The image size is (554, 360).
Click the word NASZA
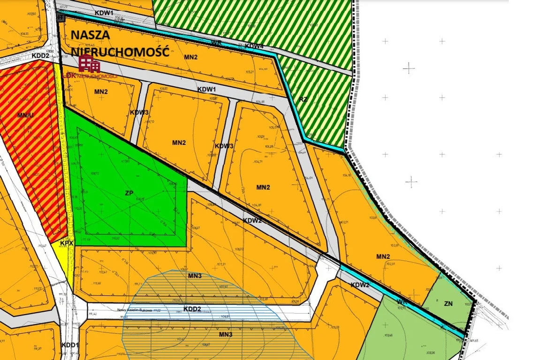point(91,35)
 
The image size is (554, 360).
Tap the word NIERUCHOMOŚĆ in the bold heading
point(120,51)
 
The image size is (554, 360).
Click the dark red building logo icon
point(89,64)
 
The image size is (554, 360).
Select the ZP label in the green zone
point(129,193)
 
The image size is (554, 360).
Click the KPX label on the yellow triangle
point(67,243)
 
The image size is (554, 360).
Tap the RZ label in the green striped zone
point(303,99)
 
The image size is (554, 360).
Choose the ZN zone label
point(448,303)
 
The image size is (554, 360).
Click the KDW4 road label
point(254,46)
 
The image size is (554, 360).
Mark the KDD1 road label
point(70,345)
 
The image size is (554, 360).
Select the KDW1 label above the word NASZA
point(104,13)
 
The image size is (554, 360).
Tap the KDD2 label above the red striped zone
point(41,55)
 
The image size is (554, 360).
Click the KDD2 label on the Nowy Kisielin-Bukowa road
point(192,309)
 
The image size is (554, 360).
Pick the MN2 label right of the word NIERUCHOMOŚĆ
point(191,57)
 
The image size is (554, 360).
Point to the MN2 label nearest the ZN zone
point(383,256)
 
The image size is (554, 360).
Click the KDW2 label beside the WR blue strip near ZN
point(360,285)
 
